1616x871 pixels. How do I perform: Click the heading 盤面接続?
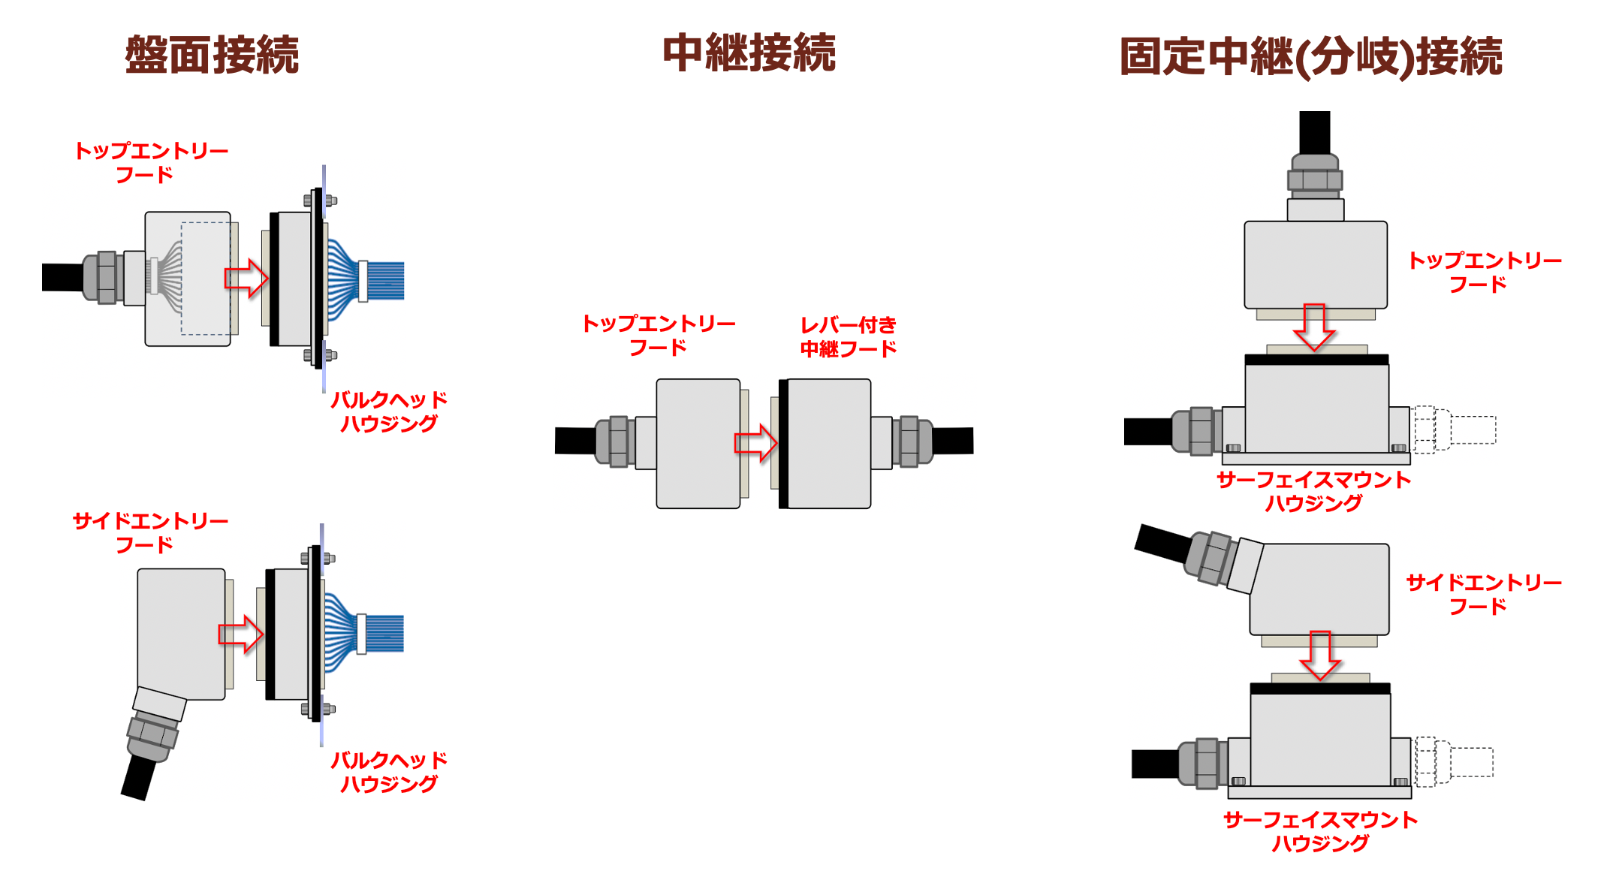pos(212,55)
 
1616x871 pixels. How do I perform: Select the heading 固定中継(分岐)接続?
pos(1310,57)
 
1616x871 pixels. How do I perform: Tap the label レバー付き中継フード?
pos(848,336)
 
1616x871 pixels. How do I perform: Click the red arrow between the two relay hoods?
pos(755,443)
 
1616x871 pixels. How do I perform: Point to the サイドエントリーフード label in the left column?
pos(150,532)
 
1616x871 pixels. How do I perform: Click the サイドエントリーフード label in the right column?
pos(1483,594)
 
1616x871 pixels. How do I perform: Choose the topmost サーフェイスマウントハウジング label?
pos(1313,491)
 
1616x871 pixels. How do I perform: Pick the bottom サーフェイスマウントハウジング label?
pos(1320,831)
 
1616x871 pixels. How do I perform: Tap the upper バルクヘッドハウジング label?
pos(389,411)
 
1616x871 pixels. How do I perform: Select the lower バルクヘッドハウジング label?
pos(389,772)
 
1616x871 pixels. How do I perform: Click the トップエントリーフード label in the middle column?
pos(659,335)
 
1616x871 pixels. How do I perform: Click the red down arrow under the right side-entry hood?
pos(1320,655)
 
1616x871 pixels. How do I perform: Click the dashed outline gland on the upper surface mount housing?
pos(1453,429)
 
